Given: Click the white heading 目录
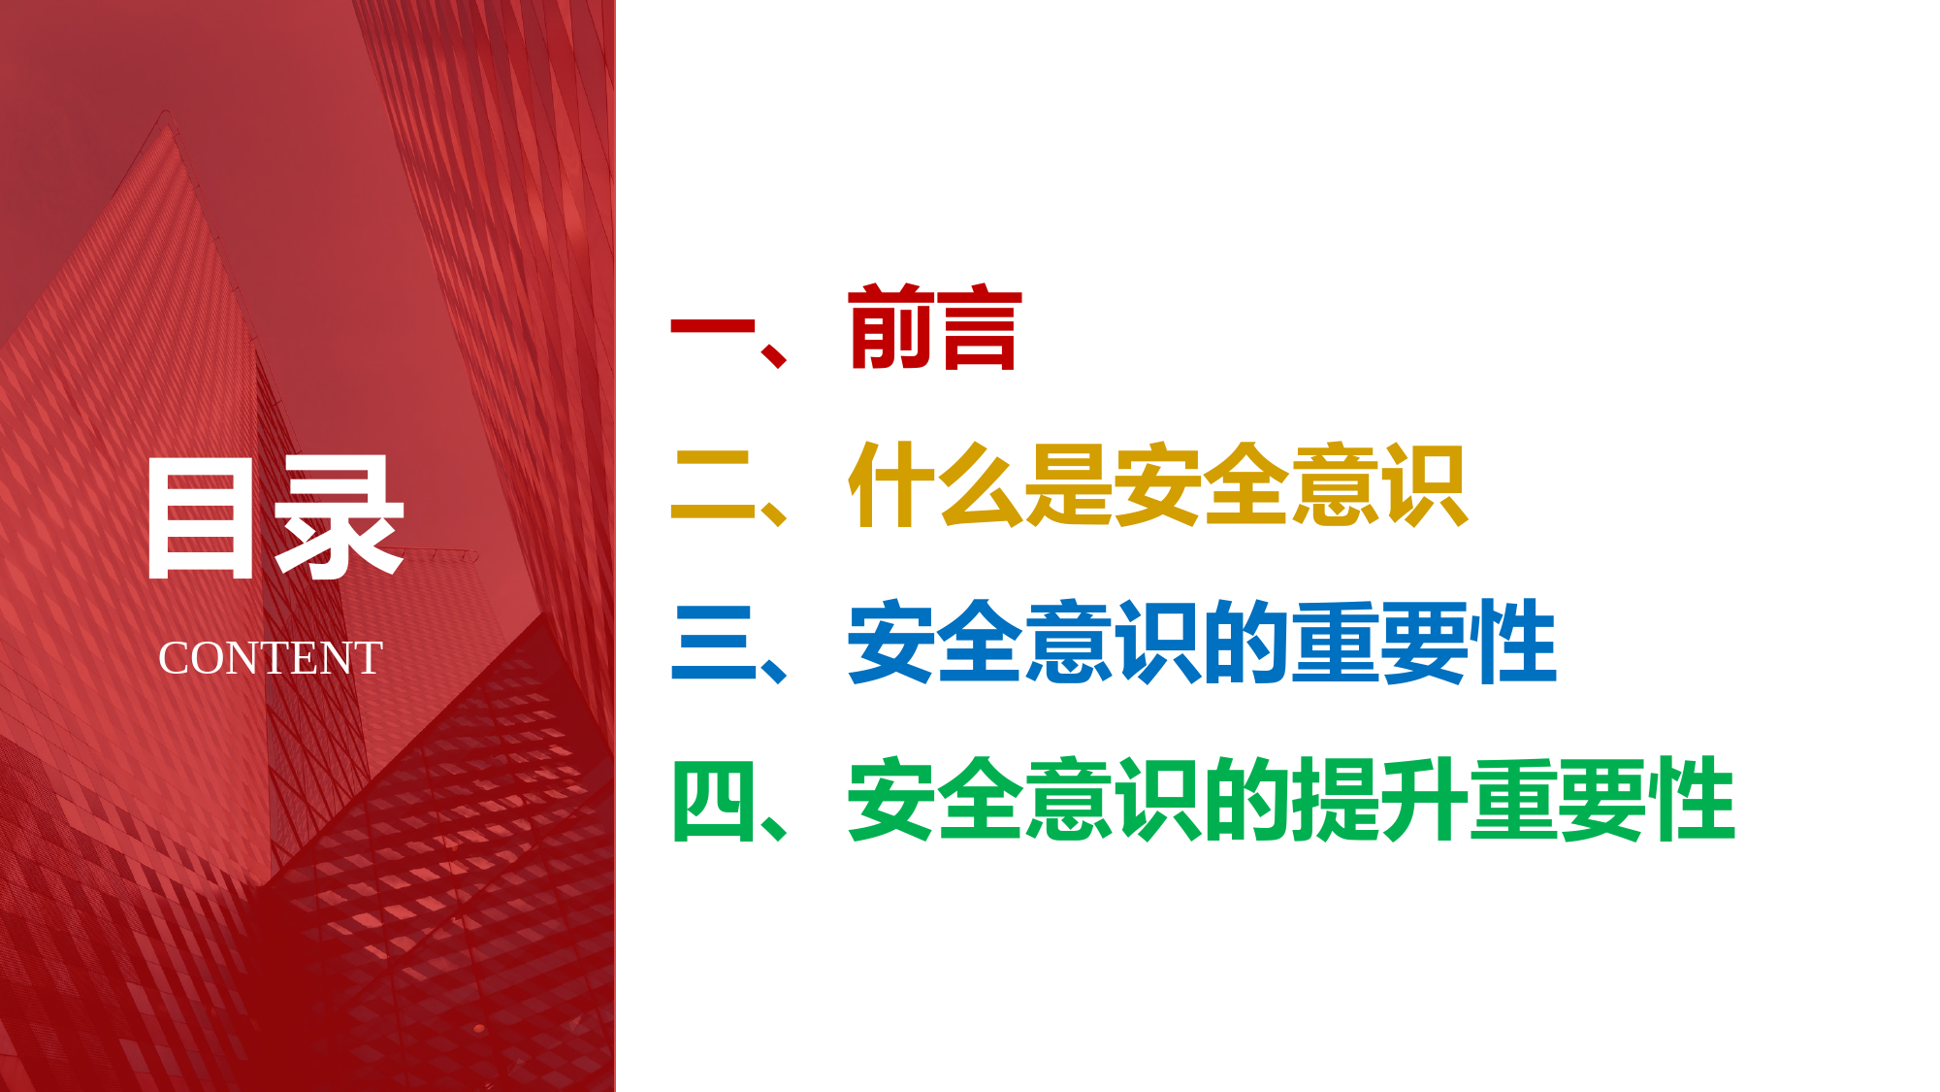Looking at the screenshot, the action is coord(275,518).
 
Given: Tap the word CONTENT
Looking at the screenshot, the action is coord(271,658).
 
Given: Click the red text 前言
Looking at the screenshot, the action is coord(935,328).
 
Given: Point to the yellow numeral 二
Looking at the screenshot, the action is coord(713,484).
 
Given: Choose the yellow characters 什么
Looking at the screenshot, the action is coord(935,484).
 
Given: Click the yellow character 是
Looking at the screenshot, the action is coord(1068,484).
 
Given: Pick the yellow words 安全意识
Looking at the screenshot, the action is coord(1290,484).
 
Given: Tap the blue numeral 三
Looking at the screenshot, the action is coord(713,642).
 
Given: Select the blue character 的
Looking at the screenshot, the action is coord(1245,642).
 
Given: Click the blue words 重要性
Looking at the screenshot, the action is coord(1423,642).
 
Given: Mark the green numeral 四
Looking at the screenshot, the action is coord(713,801).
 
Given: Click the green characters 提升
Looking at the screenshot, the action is coord(1378,799).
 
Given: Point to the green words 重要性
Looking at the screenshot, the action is coord(1601,799).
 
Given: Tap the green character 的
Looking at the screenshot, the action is coord(1245,799).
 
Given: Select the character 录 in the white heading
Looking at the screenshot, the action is coord(339,518).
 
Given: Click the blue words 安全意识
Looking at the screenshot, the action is coord(1024,642).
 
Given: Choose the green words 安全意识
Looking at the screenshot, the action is coord(1024,799).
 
